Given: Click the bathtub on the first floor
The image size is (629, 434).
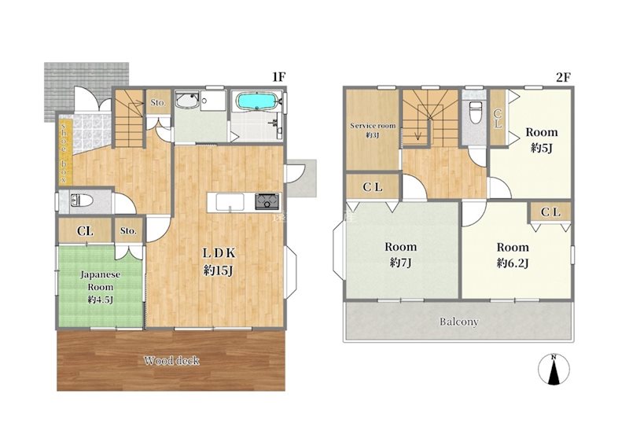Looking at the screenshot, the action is pos(256,101).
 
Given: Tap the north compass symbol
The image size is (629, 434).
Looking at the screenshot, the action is pos(554,369).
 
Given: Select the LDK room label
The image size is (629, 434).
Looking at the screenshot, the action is pos(219,252).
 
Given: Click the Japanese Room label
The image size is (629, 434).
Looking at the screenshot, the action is pos(101,281).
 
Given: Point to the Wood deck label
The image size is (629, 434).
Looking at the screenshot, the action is pos(171,361).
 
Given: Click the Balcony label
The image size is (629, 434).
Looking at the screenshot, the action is pos(459,322).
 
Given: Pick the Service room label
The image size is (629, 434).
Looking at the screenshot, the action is pos(373,126).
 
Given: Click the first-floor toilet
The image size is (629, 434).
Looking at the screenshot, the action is pos(82,200).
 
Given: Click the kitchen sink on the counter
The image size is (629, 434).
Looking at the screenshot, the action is pos(230,201).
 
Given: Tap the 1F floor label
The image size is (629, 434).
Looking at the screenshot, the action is pos(278,76).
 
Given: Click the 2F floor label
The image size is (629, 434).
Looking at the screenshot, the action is pos(563,76).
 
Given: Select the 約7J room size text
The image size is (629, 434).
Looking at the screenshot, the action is pos(400,263).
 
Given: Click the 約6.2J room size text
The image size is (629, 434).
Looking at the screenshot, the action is pos(513,263).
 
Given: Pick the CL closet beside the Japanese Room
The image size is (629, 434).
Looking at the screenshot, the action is pos(86,230).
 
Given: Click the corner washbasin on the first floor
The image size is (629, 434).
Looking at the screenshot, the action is pos(187,101).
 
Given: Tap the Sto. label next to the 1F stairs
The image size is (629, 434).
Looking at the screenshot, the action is pos(158,103).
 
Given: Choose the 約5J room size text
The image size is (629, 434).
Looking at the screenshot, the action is pos(542,148).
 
